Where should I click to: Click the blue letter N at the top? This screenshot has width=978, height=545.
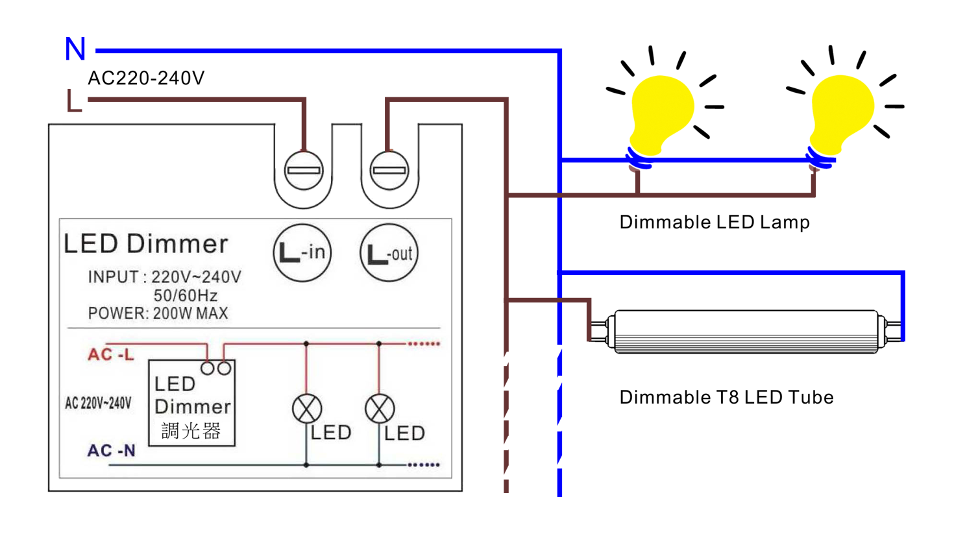(75, 49)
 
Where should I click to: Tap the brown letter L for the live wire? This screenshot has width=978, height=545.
(74, 101)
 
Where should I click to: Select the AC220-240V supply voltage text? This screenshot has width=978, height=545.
(146, 78)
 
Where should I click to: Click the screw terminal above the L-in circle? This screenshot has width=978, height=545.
(304, 170)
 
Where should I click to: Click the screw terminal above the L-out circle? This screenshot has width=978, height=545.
(389, 170)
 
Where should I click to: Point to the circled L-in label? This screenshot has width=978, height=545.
(302, 252)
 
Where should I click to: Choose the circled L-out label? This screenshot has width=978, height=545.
(389, 252)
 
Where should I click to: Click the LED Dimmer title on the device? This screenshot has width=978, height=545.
(146, 243)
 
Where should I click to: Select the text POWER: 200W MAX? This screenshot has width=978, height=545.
(158, 313)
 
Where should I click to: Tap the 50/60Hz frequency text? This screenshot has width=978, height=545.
(186, 295)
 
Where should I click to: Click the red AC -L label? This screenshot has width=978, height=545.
(111, 354)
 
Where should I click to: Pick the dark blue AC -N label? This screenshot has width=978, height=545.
(112, 450)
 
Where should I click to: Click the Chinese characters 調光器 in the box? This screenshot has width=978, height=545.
(191, 431)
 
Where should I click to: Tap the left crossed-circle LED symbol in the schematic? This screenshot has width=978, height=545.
(307, 409)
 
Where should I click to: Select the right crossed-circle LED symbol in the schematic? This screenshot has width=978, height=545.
(380, 409)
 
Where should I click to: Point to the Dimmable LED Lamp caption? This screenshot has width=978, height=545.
(715, 222)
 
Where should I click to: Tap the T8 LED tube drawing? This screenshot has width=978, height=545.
(746, 332)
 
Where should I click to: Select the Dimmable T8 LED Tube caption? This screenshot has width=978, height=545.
(726, 398)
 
